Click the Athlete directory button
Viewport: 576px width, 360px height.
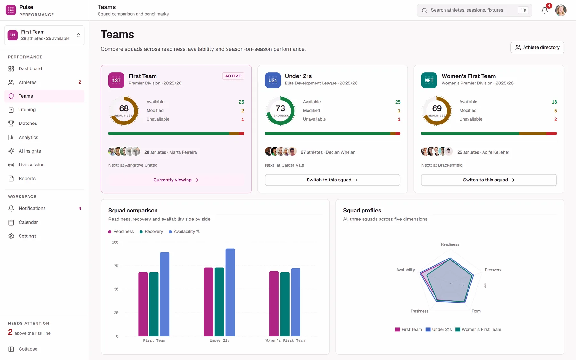click(537, 47)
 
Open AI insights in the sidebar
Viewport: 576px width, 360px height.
click(29, 151)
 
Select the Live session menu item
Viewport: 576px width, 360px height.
click(31, 165)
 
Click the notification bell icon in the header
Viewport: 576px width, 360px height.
click(545, 10)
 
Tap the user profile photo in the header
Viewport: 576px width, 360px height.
click(561, 10)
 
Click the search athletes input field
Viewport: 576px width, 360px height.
click(474, 10)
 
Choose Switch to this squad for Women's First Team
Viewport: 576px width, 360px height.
click(489, 180)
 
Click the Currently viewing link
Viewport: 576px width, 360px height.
click(176, 180)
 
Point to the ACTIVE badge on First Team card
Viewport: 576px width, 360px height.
click(233, 76)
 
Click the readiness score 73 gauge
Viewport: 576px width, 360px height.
click(280, 111)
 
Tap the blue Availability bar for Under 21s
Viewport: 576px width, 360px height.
click(230, 292)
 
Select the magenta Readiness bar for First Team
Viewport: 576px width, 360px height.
click(143, 304)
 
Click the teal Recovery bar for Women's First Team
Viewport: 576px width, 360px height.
click(285, 304)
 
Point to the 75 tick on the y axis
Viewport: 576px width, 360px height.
click(116, 266)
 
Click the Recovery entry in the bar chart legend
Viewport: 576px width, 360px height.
click(151, 231)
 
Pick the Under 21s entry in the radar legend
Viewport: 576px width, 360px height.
click(438, 329)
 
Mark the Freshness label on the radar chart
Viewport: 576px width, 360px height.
click(419, 311)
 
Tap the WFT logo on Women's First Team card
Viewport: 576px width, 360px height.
click(429, 80)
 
